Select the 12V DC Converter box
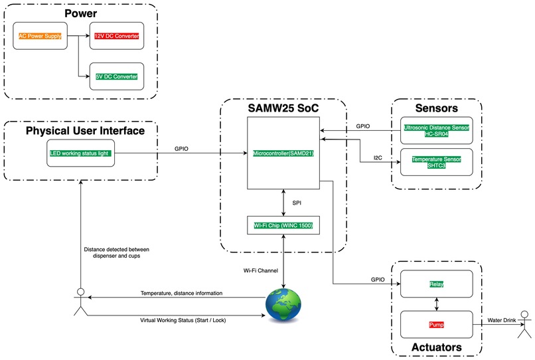pos(116,36)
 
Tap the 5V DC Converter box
pos(116,76)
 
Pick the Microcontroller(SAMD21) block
pos(283,153)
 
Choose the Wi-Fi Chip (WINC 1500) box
pos(283,225)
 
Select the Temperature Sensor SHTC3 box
pos(436,162)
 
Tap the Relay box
pos(436,284)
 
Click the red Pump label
pos(436,325)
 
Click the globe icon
pos(283,304)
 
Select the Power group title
pos(80,13)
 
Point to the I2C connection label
pos(377,158)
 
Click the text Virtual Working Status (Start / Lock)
pos(183,319)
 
